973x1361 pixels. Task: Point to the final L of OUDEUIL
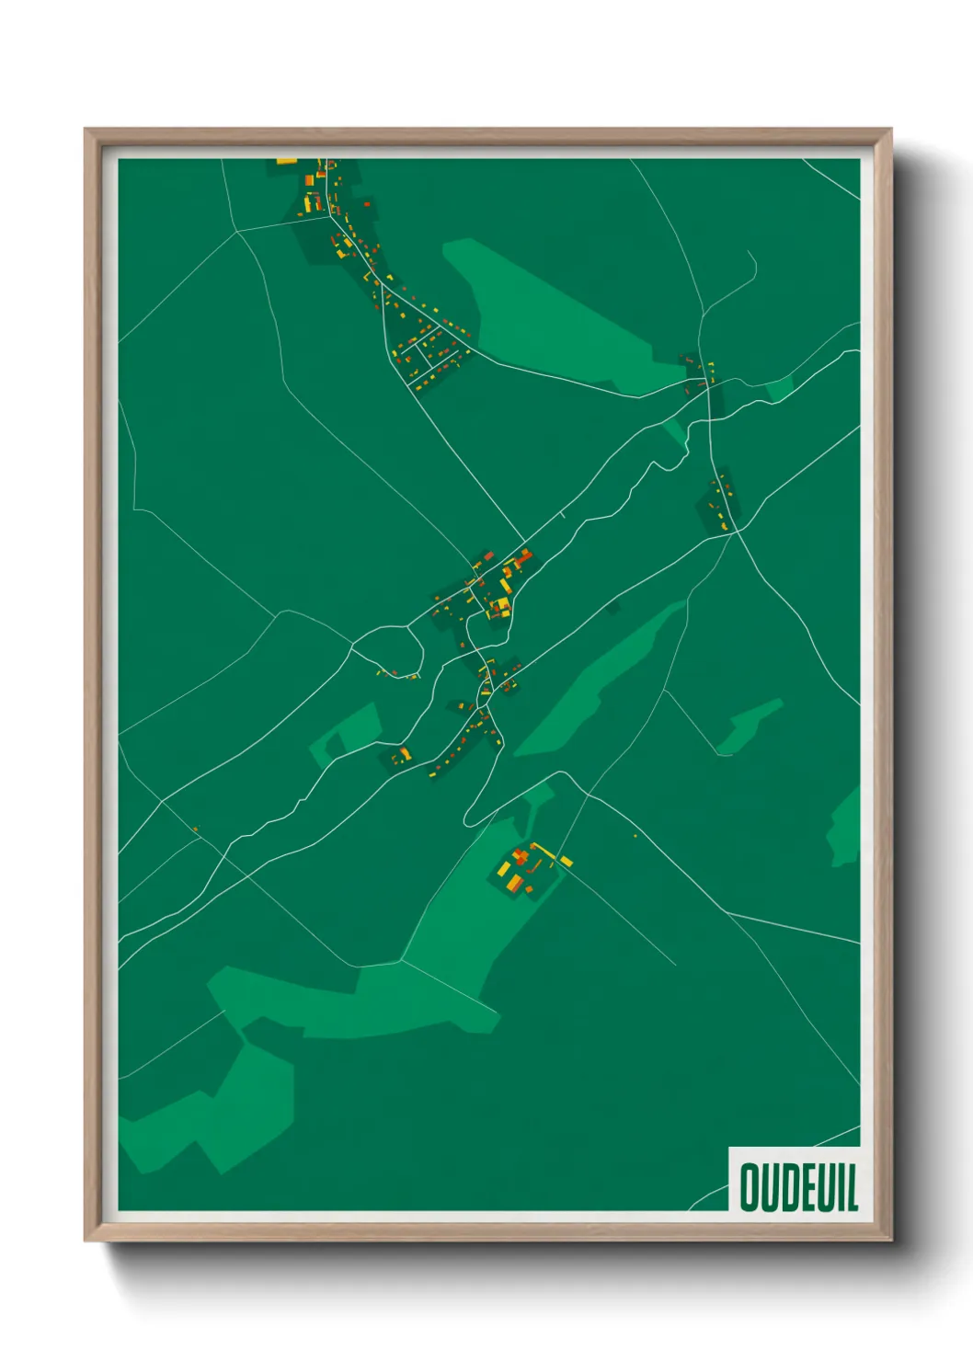[852, 1187]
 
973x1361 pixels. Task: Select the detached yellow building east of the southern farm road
[567, 861]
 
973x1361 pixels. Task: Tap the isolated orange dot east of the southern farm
[635, 836]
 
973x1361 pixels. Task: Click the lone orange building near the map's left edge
[195, 829]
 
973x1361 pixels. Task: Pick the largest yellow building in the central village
[500, 605]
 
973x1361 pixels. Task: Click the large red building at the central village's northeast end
[523, 557]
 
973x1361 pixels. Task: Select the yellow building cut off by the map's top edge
[287, 162]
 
